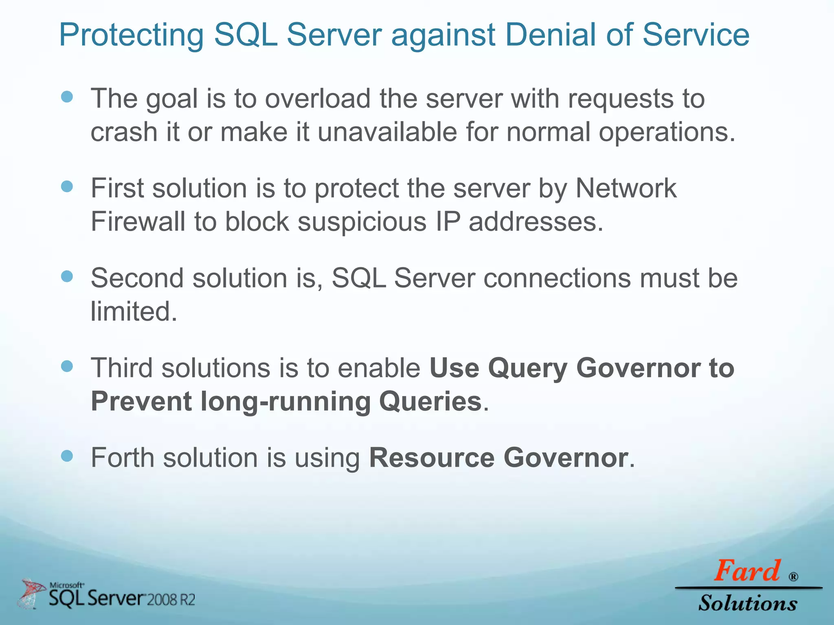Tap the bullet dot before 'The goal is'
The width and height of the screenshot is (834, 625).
[x=67, y=97]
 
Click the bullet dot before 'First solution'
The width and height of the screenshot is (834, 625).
[x=67, y=187]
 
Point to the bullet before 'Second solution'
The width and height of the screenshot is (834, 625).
[x=67, y=277]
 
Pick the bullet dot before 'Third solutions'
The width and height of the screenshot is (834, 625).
[x=67, y=366]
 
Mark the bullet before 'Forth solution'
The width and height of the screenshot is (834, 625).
[x=67, y=456]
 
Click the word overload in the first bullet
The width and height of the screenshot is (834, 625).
[x=318, y=99]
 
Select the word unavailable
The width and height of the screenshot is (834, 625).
[x=387, y=132]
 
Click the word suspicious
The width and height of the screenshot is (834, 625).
[x=362, y=223]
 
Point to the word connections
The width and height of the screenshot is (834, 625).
[x=553, y=278]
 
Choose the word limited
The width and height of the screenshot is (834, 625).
[x=134, y=312]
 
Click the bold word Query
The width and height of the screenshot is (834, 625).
[x=527, y=369]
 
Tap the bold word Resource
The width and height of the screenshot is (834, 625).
[x=432, y=458]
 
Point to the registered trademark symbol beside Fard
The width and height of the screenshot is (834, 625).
[x=793, y=577]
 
